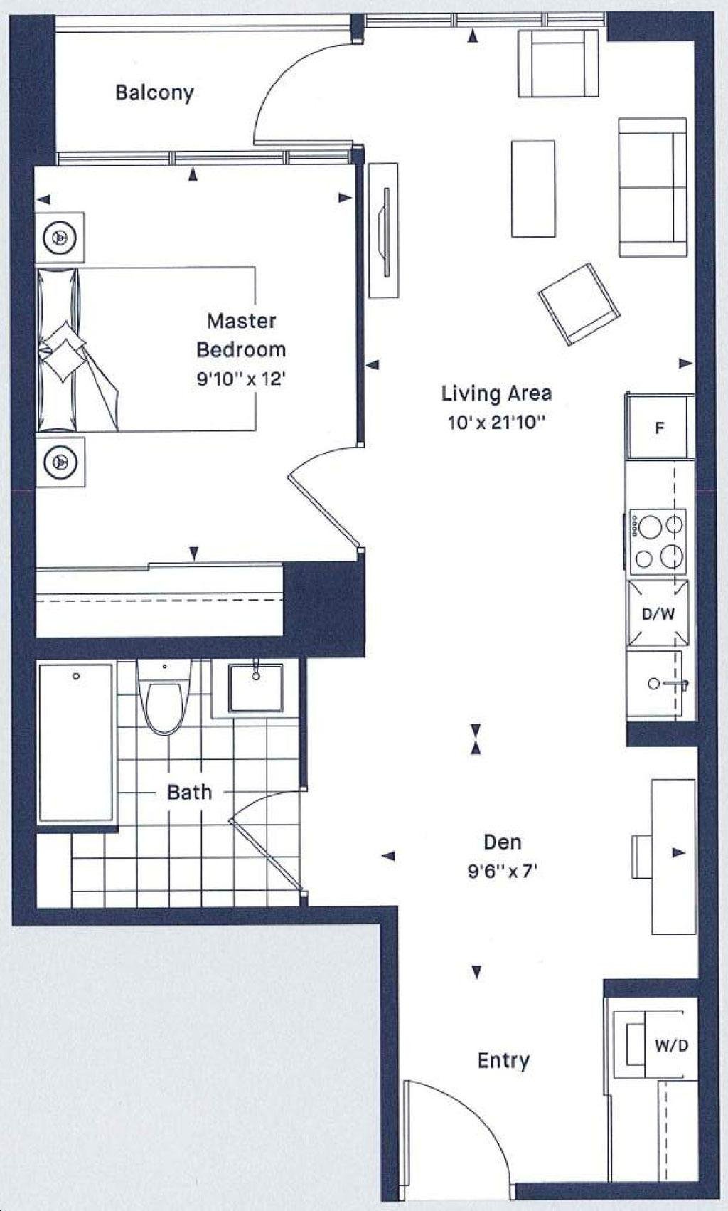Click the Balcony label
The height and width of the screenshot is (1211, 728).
[x=154, y=92]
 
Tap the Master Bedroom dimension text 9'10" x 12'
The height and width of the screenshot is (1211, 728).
[x=241, y=379]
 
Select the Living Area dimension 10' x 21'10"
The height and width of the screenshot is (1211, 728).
[x=496, y=422]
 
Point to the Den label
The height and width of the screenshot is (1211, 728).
[x=502, y=842]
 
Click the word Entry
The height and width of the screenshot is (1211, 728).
[x=503, y=1060]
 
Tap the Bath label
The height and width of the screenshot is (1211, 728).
[x=190, y=792]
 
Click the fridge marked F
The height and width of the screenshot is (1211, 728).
[x=660, y=427]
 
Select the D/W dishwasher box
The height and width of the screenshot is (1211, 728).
[x=658, y=613]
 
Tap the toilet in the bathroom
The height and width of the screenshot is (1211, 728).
[x=165, y=697]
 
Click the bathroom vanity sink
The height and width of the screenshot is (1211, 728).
[x=255, y=688]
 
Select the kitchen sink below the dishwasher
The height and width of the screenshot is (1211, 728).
[x=661, y=684]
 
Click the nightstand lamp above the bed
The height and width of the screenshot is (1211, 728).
[x=60, y=238]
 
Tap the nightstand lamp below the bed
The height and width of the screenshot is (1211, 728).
[x=60, y=462]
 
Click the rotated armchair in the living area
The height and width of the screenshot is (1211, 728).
[x=579, y=304]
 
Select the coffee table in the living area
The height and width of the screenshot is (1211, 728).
[x=533, y=189]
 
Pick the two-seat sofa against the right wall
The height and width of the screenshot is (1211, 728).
[x=653, y=187]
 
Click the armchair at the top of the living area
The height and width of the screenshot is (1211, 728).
[x=558, y=63]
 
